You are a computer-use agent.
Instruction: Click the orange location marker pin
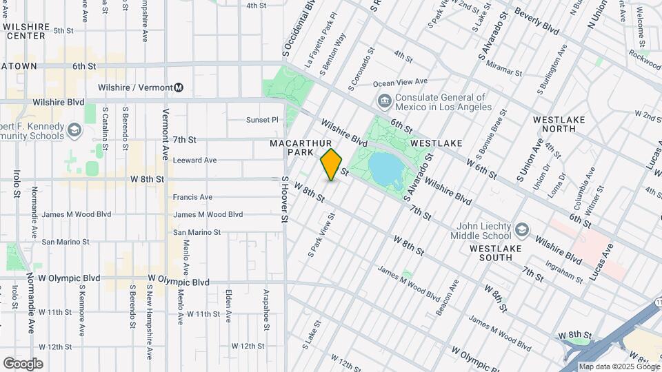[x=331, y=165]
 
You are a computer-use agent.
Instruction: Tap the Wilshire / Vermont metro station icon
[x=179, y=87]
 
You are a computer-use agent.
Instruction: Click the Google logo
[x=23, y=363]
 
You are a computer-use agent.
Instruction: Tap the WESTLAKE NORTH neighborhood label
[x=559, y=124]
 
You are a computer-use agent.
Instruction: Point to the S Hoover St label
[x=283, y=200]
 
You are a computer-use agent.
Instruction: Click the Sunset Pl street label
[x=262, y=119]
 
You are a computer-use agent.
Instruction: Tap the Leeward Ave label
[x=195, y=160]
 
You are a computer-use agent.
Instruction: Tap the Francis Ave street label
[x=192, y=197]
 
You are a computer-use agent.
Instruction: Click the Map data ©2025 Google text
[x=619, y=366]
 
